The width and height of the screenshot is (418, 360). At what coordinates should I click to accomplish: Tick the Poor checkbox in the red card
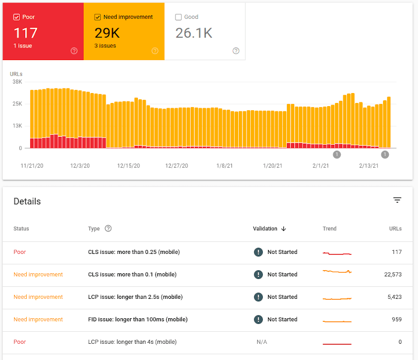click(16, 17)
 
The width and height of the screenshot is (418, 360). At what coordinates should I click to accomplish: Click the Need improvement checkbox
click(98, 17)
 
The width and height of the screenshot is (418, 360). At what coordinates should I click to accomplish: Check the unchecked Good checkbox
click(178, 17)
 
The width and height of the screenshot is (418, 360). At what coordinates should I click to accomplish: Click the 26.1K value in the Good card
click(194, 33)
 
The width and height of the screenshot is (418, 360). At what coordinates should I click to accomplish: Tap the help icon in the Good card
click(236, 51)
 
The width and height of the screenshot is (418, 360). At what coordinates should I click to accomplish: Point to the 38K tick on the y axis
click(17, 82)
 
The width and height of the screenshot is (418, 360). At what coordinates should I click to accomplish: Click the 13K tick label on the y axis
click(17, 126)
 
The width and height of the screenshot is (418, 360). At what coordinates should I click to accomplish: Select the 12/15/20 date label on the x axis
click(129, 166)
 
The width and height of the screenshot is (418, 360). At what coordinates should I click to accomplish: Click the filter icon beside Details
click(397, 200)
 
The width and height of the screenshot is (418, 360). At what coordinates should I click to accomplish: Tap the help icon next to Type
click(108, 228)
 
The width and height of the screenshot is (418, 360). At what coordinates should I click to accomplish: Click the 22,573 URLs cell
click(389, 274)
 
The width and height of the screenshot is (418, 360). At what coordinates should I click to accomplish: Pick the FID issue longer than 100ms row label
click(137, 319)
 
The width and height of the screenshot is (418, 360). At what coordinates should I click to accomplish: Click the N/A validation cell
click(262, 342)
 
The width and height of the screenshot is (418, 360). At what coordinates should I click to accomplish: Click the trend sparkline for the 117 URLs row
click(337, 253)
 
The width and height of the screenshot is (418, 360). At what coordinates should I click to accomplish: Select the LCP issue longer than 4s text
click(132, 342)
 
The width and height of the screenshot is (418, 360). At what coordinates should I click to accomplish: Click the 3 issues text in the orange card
click(105, 46)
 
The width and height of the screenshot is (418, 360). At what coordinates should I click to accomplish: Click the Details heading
click(27, 201)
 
